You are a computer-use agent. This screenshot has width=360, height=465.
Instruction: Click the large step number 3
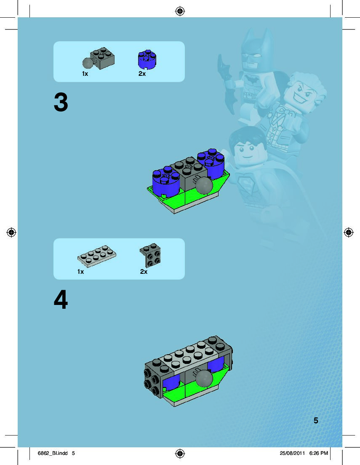click(61, 102)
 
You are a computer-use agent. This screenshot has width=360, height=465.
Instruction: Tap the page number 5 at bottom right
click(316, 420)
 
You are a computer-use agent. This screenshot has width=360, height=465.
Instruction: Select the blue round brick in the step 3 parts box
click(147, 59)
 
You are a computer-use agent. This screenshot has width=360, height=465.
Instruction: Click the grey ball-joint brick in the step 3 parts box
click(99, 59)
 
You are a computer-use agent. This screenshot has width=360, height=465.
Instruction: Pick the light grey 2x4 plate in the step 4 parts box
click(97, 256)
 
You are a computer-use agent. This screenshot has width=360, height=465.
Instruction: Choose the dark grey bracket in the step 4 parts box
click(150, 255)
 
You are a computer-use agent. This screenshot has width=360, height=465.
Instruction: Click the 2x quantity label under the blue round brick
click(142, 74)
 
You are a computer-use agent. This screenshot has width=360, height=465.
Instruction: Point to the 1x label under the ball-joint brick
click(85, 74)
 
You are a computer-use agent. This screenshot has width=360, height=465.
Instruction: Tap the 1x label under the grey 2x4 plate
click(81, 272)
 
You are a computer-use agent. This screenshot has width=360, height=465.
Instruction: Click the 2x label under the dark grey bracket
click(144, 272)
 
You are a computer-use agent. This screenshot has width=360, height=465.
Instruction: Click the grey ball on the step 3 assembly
click(204, 186)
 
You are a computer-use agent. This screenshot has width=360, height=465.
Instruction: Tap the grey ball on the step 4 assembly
click(204, 378)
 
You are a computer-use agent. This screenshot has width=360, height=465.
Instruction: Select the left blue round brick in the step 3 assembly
click(166, 182)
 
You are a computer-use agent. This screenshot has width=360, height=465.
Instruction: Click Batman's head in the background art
click(256, 51)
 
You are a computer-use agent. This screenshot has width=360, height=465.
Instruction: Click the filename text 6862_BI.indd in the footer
click(53, 453)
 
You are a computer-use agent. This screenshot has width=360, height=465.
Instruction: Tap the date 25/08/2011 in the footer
click(292, 453)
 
